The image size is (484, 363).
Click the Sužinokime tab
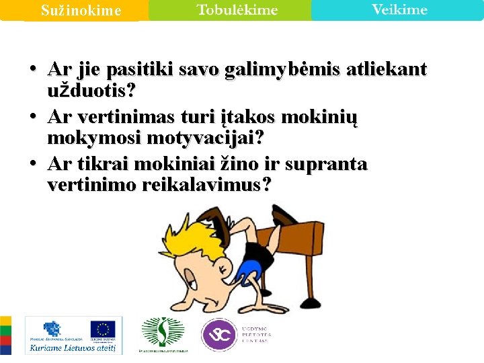(81, 11)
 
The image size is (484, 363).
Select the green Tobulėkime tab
(237, 10)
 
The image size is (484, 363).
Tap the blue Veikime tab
(399, 10)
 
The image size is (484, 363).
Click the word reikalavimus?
(206, 185)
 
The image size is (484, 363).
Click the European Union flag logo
(103, 329)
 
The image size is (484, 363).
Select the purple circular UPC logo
(219, 334)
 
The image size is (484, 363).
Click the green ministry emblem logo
(162, 333)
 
